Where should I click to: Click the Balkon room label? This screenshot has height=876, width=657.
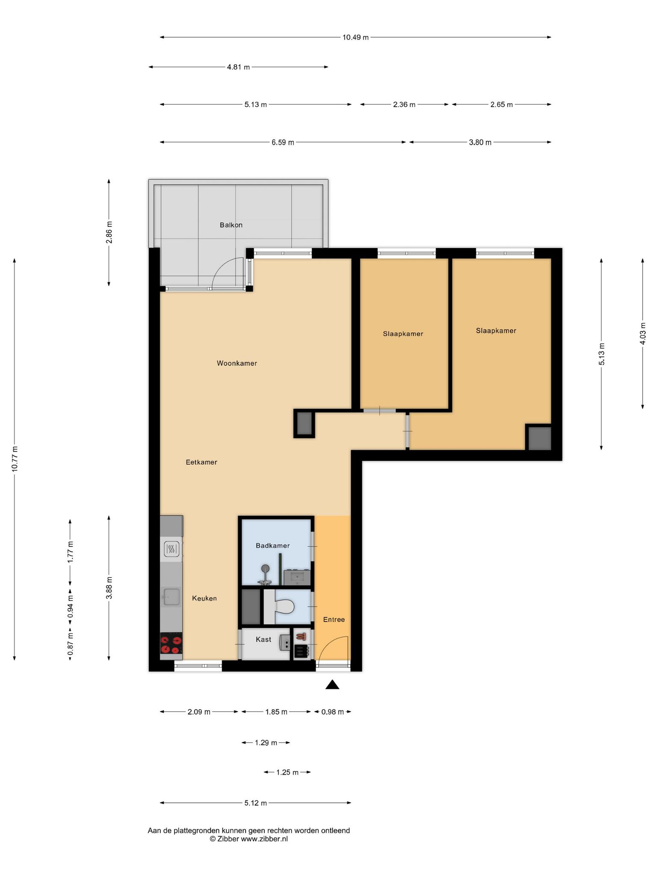point(231,225)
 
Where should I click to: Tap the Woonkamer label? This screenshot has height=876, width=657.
point(237,364)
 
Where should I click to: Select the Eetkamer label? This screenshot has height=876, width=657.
point(201,462)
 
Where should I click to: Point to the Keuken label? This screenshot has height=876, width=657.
point(204,598)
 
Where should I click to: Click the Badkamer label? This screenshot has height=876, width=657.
point(273,546)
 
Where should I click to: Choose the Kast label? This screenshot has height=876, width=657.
point(263,639)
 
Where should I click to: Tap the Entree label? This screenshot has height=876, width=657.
point(334,619)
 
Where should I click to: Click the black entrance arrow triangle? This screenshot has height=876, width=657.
point(332,684)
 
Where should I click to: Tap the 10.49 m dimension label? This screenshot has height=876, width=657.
point(355,37)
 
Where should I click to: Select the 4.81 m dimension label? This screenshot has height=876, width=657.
point(238,67)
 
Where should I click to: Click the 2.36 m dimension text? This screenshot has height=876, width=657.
point(404,104)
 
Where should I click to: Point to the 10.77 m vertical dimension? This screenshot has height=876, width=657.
point(15,459)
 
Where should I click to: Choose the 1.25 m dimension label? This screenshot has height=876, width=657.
point(287,772)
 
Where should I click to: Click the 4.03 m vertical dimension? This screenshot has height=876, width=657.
point(643,334)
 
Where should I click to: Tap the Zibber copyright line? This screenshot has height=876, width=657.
point(249,839)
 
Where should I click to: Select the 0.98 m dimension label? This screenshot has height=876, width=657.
point(333,712)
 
